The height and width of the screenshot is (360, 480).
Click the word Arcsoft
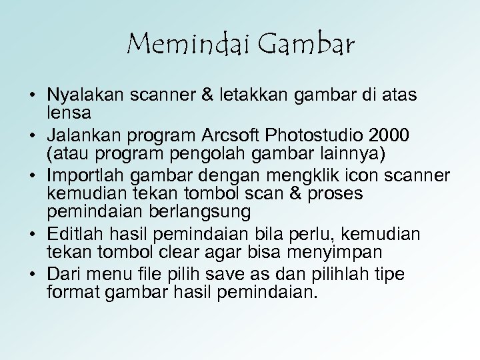(231, 136)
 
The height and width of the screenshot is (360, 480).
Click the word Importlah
(86, 176)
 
